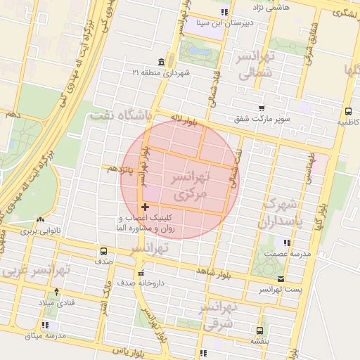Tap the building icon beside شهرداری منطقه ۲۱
point(162,63)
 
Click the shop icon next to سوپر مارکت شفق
point(262,109)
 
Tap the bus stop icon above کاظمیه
point(348,111)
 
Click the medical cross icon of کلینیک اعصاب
point(146,207)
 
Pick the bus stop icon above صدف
point(104,251)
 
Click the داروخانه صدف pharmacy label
point(140,283)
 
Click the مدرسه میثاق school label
point(46,335)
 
